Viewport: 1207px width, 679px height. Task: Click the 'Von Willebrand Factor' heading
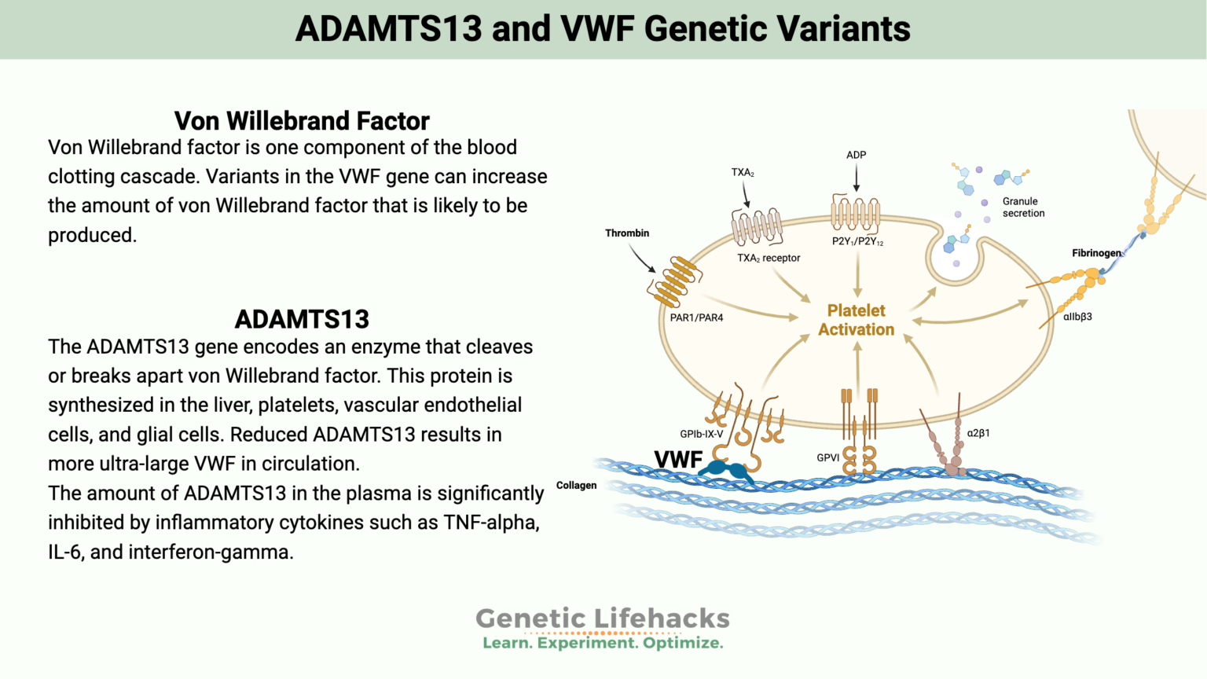coord(302,121)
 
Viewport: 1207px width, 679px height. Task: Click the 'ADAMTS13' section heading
coord(302,319)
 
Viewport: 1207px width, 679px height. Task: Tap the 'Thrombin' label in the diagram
coord(627,233)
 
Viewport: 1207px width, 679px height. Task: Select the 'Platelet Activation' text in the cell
coord(857,320)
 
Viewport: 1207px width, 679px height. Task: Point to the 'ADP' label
coord(857,155)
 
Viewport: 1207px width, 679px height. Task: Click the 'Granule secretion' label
coord(1023,207)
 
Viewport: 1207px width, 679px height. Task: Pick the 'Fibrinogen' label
coord(1096,253)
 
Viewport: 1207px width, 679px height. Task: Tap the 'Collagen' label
coord(576,486)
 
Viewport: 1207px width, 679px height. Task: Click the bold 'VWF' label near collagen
coord(678,460)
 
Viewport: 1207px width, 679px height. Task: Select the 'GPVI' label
coord(828,457)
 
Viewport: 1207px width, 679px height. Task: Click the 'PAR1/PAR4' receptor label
coord(696,318)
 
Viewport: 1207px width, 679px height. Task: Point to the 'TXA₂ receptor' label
coord(769,258)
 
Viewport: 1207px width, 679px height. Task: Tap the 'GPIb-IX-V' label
coord(701,434)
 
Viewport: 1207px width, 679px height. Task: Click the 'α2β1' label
coord(978,433)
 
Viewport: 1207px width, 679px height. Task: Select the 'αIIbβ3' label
coord(1077,317)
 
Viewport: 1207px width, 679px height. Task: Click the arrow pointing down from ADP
coord(857,178)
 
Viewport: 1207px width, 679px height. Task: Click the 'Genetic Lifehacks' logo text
coord(603,618)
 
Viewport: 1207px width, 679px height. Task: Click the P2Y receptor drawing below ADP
coord(856,213)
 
